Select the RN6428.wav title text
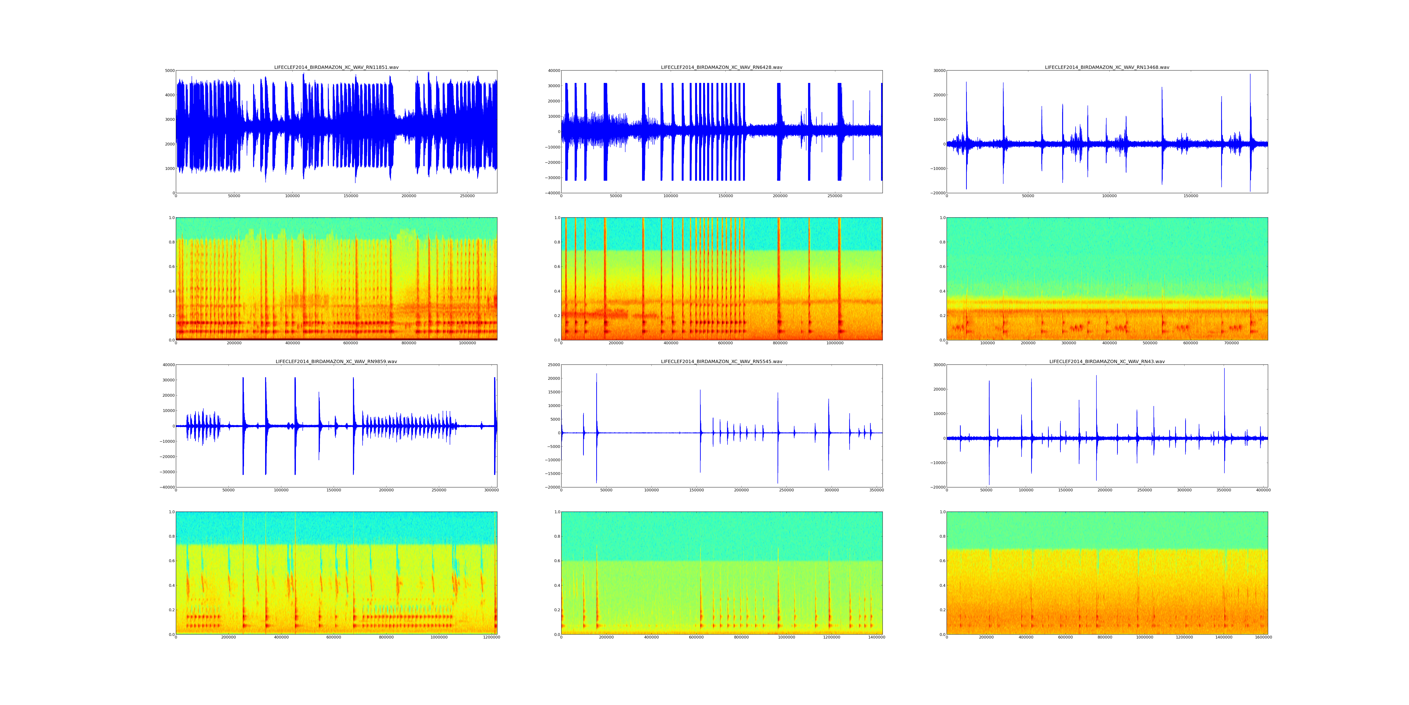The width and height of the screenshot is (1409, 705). pos(721,67)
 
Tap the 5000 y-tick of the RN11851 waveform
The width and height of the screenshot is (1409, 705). pos(170,70)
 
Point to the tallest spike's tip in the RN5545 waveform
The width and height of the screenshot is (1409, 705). pos(597,374)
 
